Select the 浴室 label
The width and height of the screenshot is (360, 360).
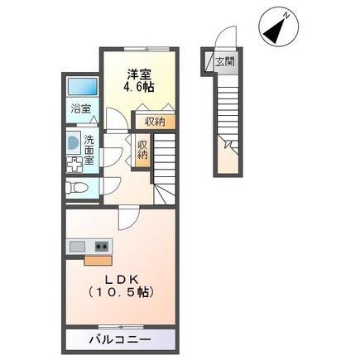[x=79, y=108]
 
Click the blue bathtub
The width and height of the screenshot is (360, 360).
[x=79, y=87]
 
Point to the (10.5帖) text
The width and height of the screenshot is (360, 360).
[x=120, y=293]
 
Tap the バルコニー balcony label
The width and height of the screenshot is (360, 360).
[x=119, y=339]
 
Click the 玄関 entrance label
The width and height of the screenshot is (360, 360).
[x=225, y=62]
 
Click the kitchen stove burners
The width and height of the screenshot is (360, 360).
[x=102, y=246]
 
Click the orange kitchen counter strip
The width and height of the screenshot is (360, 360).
[x=89, y=257]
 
